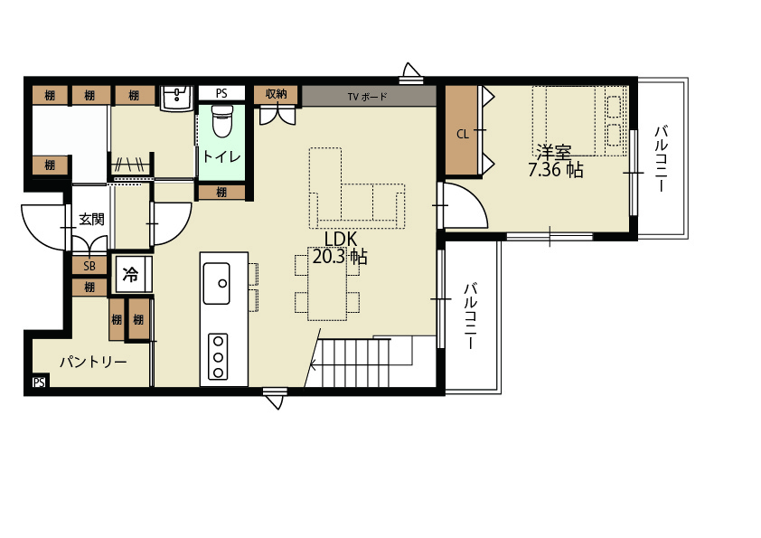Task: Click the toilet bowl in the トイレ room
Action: (x=222, y=120)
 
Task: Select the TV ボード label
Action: (x=368, y=97)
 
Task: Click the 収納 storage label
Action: (x=277, y=94)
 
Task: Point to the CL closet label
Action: (x=463, y=134)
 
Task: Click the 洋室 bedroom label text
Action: (x=553, y=153)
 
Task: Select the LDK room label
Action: (x=341, y=239)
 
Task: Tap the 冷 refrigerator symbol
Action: (x=130, y=274)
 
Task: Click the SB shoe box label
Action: (x=89, y=266)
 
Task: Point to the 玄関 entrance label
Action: (x=91, y=220)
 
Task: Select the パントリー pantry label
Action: (x=93, y=362)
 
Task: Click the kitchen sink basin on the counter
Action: (x=216, y=284)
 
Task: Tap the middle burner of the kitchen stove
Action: (x=218, y=357)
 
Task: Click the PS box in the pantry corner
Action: (x=39, y=382)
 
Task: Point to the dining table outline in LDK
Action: (x=327, y=284)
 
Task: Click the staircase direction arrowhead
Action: (x=314, y=364)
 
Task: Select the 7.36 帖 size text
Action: (x=555, y=170)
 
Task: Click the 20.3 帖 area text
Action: (x=340, y=257)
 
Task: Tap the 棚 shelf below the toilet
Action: (x=221, y=193)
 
